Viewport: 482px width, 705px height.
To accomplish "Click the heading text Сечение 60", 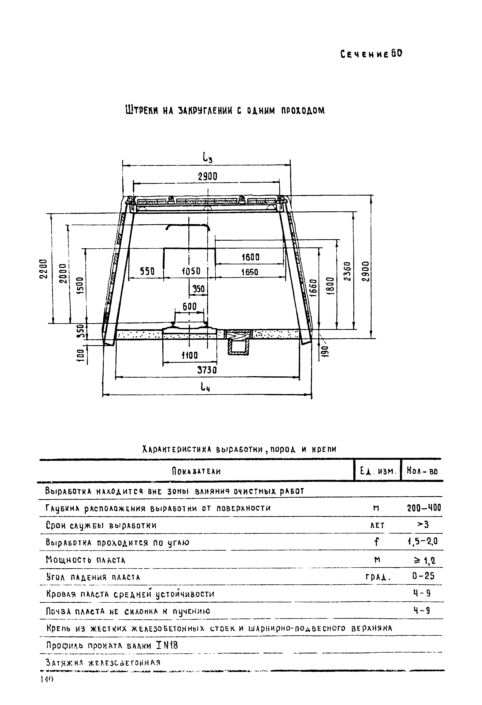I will pos(371,54).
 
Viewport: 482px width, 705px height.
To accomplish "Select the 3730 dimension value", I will pos(207,370).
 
